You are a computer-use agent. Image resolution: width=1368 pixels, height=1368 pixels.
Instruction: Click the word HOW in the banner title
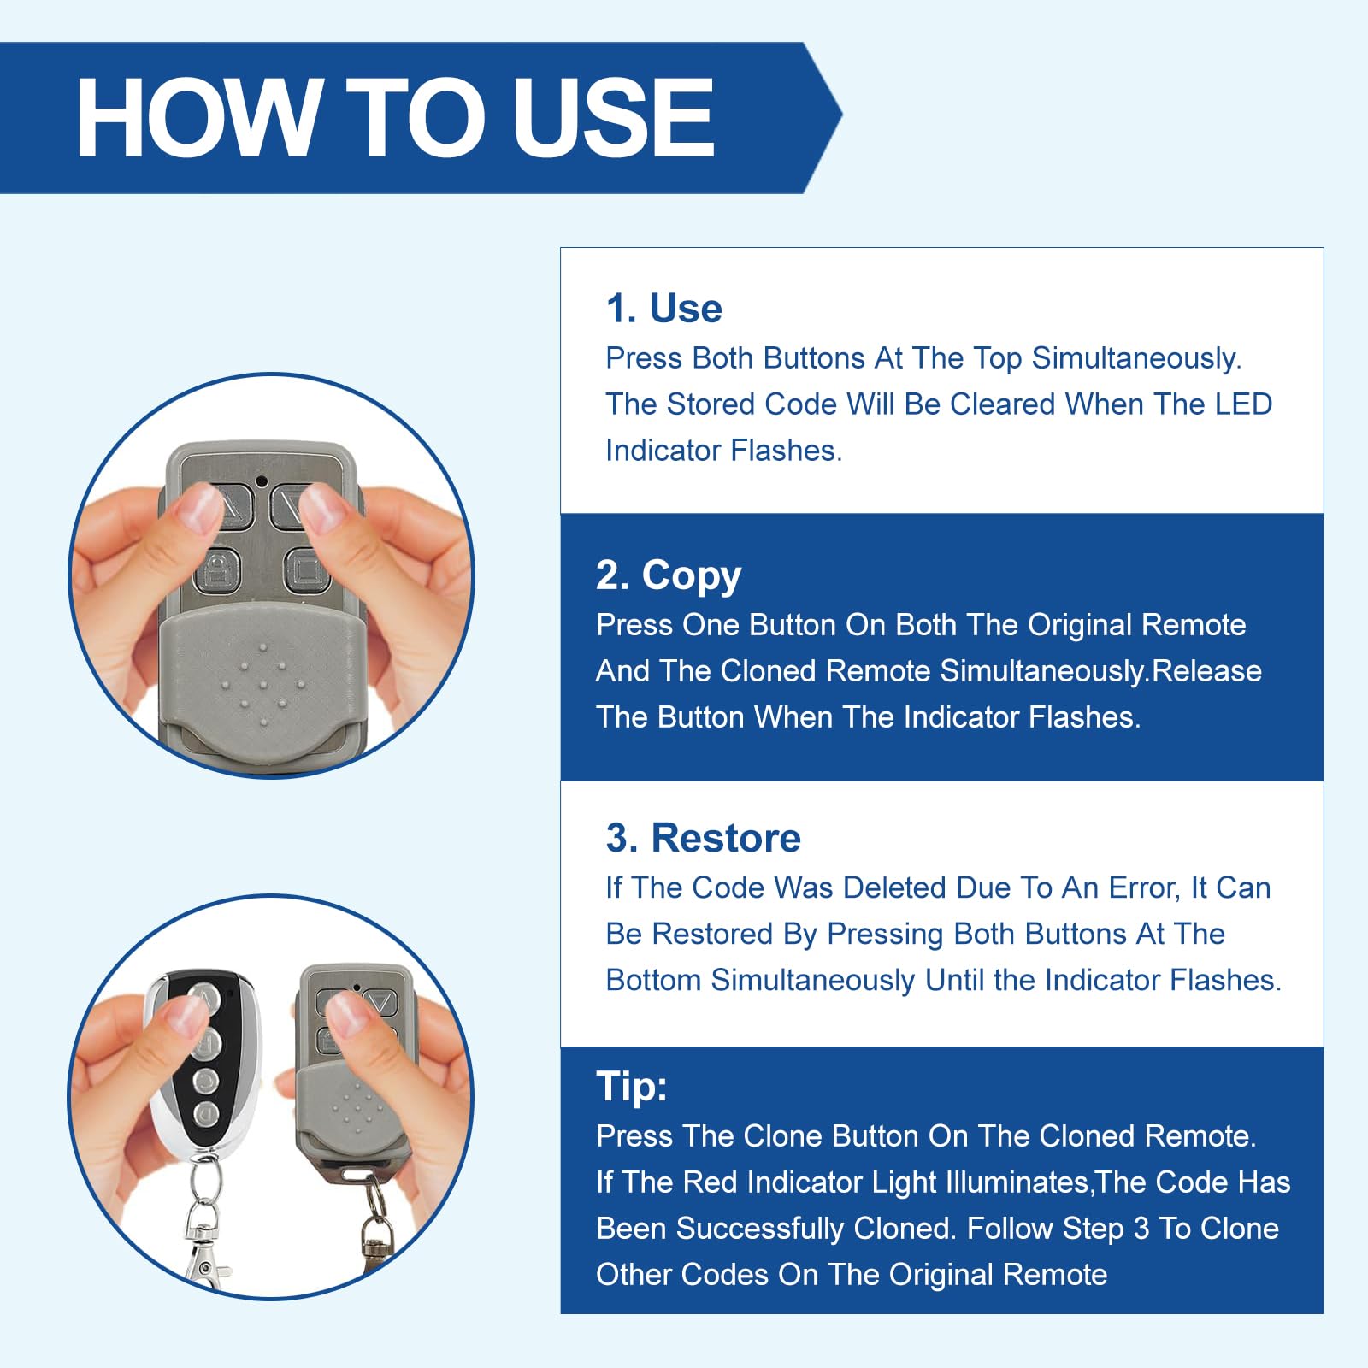pos(198,117)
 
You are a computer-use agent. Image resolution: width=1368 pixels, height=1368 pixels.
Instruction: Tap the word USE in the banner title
pos(612,117)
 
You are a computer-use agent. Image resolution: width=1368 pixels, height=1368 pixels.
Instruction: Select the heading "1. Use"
pos(663,308)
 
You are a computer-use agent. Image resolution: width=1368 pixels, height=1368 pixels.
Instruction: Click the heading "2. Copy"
pos(669,575)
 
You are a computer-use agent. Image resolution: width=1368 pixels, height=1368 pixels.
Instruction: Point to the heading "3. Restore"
pos(704,838)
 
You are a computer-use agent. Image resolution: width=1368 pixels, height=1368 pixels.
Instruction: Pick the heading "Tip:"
pos(632,1087)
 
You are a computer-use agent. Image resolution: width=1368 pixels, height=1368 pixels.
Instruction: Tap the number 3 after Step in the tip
pos(1141,1229)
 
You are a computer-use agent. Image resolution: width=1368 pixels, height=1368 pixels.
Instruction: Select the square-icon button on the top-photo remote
pos(305,569)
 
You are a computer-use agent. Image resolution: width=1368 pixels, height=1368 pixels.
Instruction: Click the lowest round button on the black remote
pos(206,1114)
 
